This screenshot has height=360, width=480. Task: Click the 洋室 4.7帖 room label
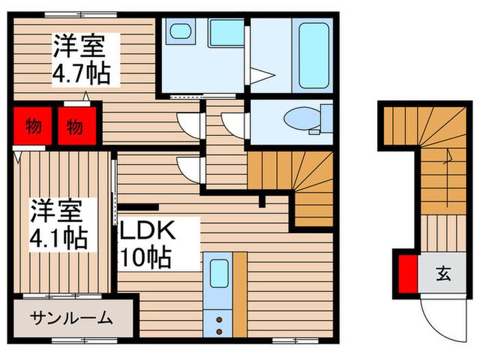[x=82, y=60]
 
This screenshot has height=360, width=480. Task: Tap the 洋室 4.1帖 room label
[x=59, y=224]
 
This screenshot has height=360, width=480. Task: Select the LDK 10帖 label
[x=147, y=243]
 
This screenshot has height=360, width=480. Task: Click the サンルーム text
[x=71, y=318]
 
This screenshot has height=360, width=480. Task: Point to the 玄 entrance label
[x=443, y=274]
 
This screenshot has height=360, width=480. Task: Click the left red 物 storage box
[x=33, y=125]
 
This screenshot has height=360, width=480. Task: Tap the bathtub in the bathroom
[x=314, y=55]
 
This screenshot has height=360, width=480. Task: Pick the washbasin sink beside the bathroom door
[x=226, y=33]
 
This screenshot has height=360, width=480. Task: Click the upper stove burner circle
[x=219, y=320]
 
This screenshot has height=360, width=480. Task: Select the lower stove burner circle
[x=219, y=331]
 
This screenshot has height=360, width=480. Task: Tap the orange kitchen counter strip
[x=240, y=294]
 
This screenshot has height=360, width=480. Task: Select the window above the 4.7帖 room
[x=81, y=14]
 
